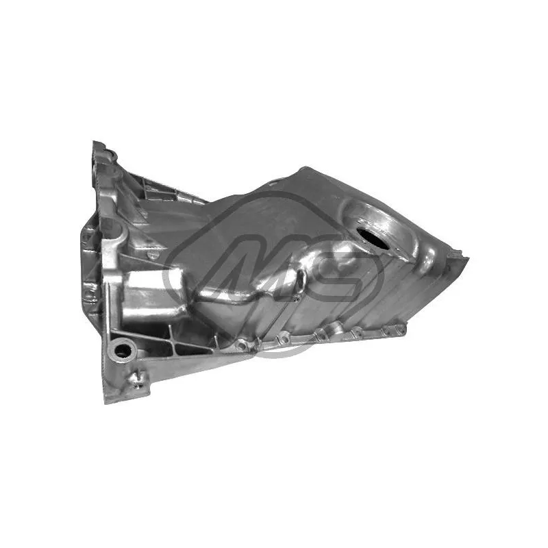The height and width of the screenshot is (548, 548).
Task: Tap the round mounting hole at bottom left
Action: tap(123, 349)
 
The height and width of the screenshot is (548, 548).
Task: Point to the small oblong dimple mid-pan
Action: tap(301, 279)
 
